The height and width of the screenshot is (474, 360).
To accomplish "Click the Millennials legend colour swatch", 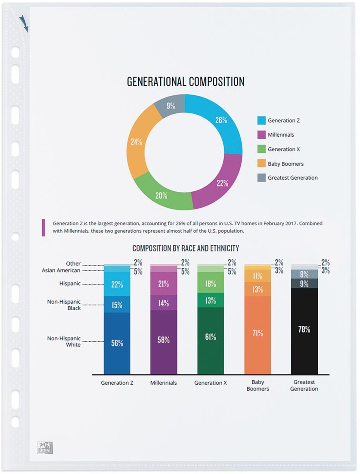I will [261, 135].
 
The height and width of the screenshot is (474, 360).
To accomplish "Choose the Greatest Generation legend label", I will [292, 178].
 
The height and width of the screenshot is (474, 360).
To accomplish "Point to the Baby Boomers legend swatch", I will [261, 164].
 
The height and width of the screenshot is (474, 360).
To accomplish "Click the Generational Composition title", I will [186, 81].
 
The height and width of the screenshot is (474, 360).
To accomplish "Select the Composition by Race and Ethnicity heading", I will [186, 249].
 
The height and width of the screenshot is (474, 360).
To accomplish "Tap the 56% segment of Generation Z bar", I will [117, 343].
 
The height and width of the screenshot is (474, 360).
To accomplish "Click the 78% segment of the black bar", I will [304, 330].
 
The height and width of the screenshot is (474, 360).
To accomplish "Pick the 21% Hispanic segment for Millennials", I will [164, 284].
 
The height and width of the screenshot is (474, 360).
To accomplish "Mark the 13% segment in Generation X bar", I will [211, 301].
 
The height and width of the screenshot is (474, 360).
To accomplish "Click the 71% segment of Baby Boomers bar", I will [258, 334].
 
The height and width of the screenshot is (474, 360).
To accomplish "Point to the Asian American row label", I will [61, 271].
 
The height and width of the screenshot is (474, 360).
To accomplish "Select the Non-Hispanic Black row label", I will [64, 305].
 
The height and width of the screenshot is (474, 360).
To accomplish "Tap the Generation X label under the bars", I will [211, 383].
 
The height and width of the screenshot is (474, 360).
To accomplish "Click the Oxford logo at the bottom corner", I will [44, 447].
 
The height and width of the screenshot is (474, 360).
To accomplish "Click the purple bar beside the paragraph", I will [43, 228].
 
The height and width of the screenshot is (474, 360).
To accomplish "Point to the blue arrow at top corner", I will [24, 23].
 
